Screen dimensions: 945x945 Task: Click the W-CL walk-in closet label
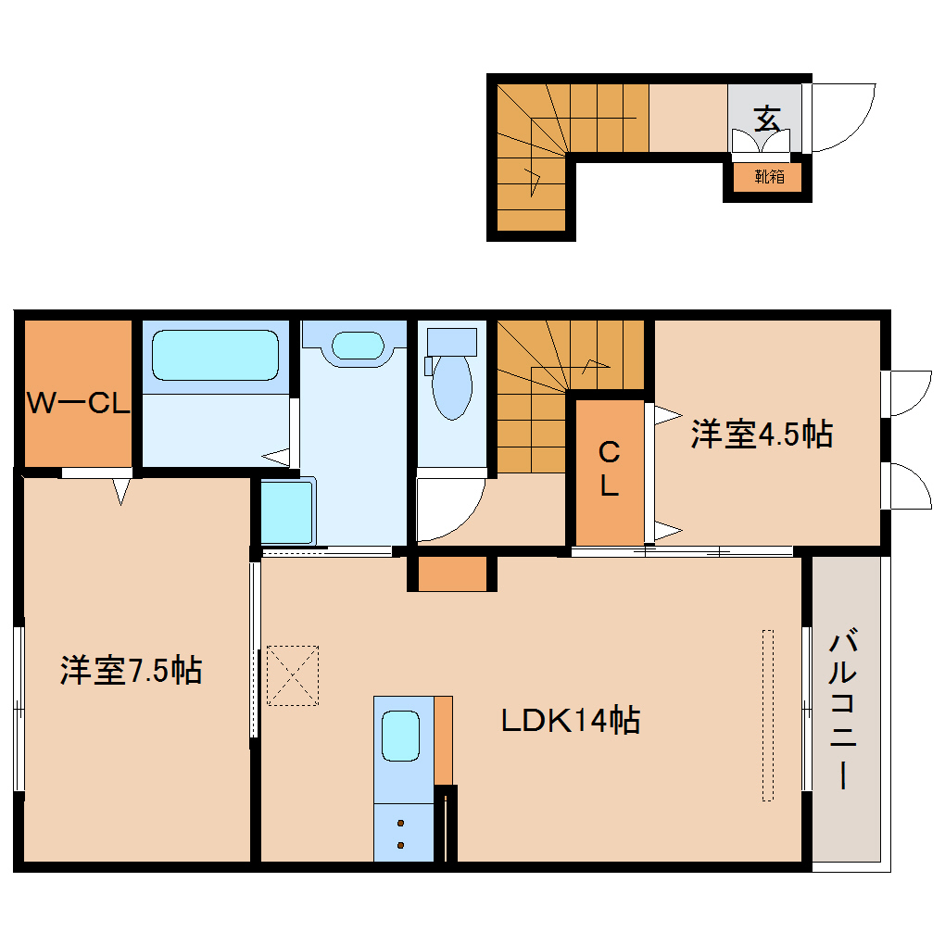point(78,403)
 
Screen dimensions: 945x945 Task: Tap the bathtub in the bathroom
point(215,355)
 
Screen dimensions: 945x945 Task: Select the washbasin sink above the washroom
point(357,345)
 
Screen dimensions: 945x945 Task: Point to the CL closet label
point(609,470)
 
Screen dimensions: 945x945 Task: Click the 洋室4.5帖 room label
point(761,434)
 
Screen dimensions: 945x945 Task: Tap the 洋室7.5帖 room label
point(131,670)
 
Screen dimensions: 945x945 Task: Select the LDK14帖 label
point(569,720)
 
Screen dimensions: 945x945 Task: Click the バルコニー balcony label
point(842,709)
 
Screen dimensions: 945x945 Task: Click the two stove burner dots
point(401,833)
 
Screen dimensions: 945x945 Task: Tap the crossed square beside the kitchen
point(293,675)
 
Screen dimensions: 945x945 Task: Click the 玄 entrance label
point(765,119)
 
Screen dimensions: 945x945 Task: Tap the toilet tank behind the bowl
point(450,342)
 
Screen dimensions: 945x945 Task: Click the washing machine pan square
point(286,512)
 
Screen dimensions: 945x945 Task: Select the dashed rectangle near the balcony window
point(767,714)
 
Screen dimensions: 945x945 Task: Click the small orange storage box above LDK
point(452,573)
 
